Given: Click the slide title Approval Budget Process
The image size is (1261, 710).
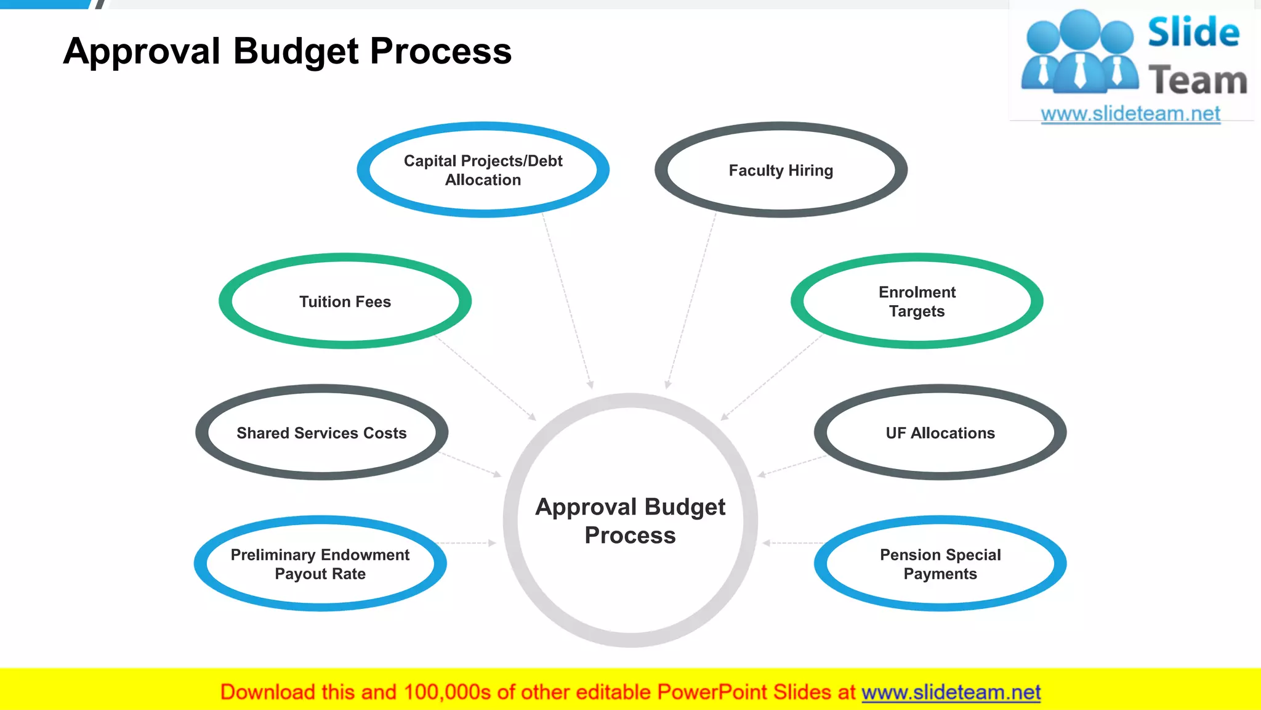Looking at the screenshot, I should click(x=287, y=51).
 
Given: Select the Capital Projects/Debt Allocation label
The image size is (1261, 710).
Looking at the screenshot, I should click(x=483, y=170).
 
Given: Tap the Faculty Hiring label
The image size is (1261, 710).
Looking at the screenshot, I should click(x=781, y=171).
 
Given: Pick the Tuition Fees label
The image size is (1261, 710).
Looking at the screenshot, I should click(x=345, y=302).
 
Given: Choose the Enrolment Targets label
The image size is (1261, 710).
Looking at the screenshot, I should click(x=917, y=301).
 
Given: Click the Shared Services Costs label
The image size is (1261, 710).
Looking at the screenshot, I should click(x=321, y=433).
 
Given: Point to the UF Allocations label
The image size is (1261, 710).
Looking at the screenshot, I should click(x=940, y=433).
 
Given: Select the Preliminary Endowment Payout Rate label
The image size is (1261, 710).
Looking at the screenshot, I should click(x=320, y=564).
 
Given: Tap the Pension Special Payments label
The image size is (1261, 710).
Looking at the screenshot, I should click(x=940, y=564).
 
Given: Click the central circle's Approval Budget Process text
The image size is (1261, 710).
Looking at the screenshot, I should click(x=630, y=521).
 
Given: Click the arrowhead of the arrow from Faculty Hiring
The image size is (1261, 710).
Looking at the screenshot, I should click(x=668, y=385).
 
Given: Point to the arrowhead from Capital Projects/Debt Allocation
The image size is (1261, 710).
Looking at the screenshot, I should click(x=590, y=385).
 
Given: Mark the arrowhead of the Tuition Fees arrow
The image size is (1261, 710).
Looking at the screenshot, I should click(x=532, y=417).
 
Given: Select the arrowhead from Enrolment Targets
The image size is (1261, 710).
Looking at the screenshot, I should click(x=725, y=417).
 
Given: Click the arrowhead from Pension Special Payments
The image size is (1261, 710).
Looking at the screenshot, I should click(x=766, y=543).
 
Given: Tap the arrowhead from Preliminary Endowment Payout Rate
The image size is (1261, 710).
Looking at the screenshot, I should click(x=493, y=543).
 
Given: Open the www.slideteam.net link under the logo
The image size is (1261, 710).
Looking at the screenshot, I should click(x=1130, y=114).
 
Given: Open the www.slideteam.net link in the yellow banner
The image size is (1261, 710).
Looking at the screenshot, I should click(x=951, y=693).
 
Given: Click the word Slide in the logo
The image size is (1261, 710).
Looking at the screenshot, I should click(x=1193, y=32).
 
